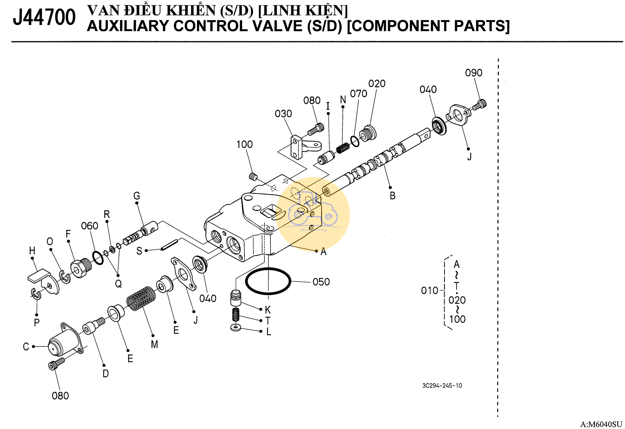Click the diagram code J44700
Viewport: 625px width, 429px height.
(x=44, y=17)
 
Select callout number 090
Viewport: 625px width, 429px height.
(x=473, y=73)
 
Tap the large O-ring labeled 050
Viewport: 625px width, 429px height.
(x=268, y=281)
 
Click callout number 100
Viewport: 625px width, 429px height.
(x=244, y=144)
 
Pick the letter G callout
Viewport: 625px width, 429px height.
(x=137, y=196)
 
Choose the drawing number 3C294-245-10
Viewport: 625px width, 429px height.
(x=442, y=385)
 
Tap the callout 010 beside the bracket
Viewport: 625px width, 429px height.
(x=429, y=290)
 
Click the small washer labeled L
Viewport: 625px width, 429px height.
(x=236, y=327)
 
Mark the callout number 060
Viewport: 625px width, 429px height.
(x=90, y=226)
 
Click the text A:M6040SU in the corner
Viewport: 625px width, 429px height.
(x=601, y=424)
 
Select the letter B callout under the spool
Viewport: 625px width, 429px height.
(x=392, y=196)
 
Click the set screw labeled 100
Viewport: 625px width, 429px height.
(x=253, y=176)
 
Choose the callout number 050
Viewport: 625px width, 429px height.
(x=321, y=282)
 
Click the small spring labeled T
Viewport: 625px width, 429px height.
(x=235, y=314)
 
